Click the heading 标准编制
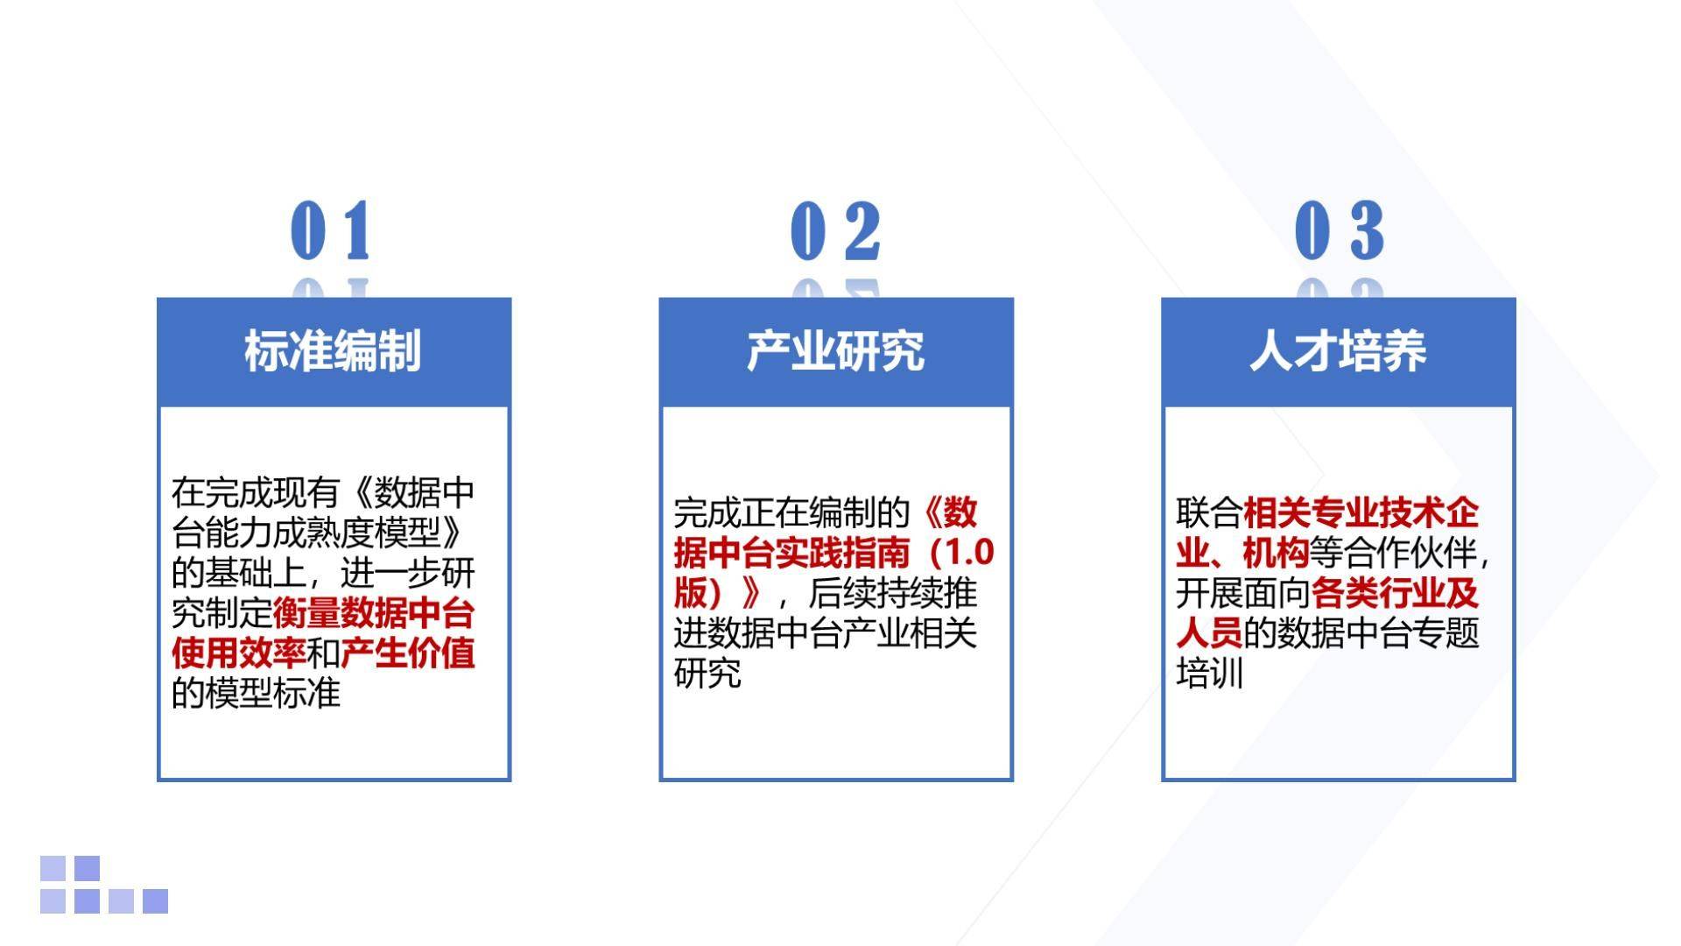(x=333, y=350)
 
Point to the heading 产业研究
(x=835, y=350)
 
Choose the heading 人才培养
(x=1338, y=350)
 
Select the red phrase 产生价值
(x=408, y=653)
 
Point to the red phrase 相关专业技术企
(x=1361, y=512)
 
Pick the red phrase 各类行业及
(x=1395, y=593)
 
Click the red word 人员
(x=1208, y=632)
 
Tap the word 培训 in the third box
(x=1209, y=674)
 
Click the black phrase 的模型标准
(x=256, y=693)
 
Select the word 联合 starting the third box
(x=1208, y=512)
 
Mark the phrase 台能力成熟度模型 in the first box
(x=306, y=533)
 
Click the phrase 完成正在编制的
(x=792, y=512)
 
